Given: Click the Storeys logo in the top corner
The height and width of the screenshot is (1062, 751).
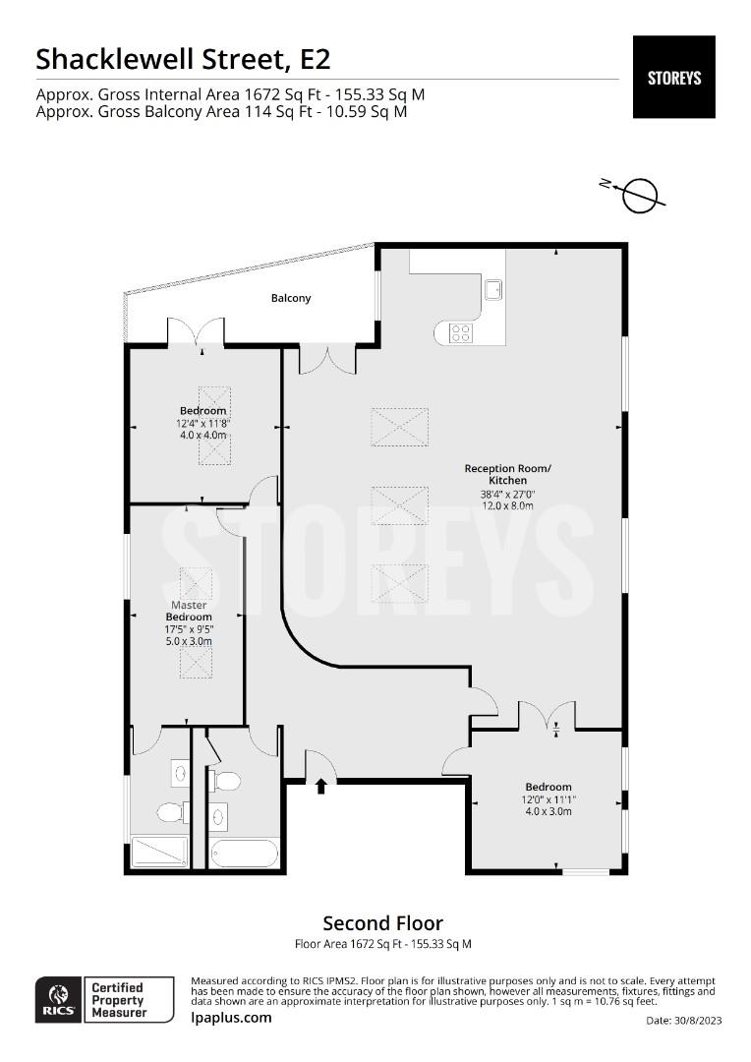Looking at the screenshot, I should pos(673,77).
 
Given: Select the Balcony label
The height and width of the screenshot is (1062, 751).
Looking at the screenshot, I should pos(291,298).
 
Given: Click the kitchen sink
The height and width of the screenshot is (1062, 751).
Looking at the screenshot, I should pos(493,288).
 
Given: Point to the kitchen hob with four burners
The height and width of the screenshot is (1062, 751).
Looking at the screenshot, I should pos(460,332).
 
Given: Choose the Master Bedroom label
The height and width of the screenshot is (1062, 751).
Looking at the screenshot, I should pos(189,611).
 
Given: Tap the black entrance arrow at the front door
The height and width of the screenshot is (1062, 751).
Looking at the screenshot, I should pos(321,786).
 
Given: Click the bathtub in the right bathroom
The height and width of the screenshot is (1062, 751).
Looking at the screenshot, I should pos(244,853).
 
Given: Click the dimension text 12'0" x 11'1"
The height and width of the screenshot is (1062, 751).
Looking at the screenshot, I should pos(548,799).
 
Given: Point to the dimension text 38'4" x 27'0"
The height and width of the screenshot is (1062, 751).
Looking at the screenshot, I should pos(508,494).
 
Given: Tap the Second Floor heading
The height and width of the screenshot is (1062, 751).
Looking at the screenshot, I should pos(382,923).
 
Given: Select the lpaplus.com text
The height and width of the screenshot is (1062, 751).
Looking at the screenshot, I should pos(231,1018).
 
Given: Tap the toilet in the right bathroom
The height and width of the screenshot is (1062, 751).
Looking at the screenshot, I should pos(227,781).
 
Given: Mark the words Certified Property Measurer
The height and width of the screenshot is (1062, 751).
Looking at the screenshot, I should pos(117,1000).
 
